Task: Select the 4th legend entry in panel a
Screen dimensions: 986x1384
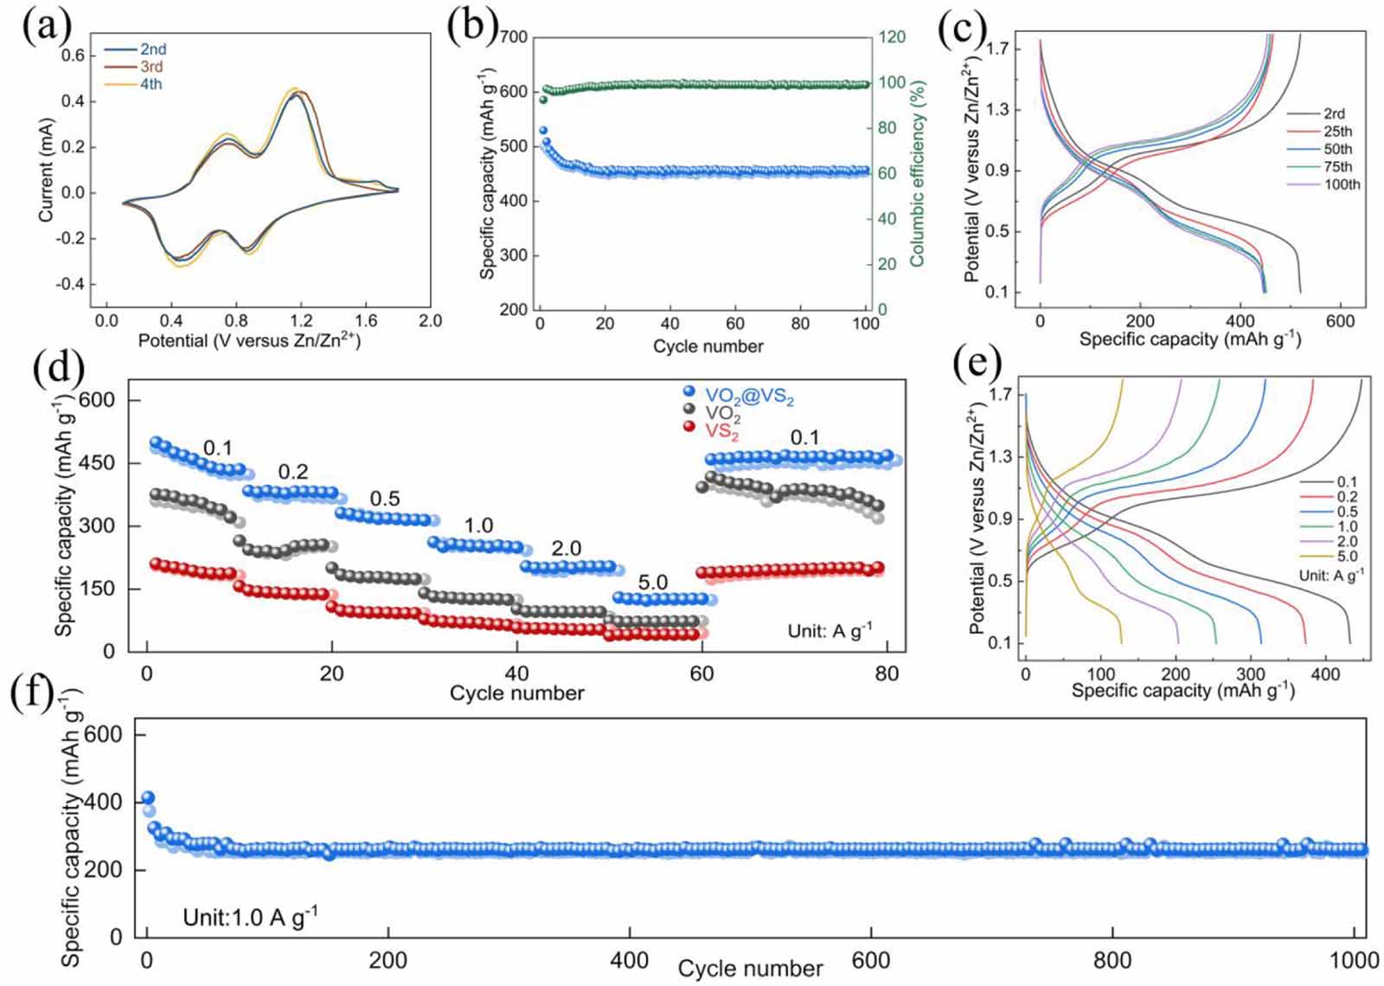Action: click(x=151, y=85)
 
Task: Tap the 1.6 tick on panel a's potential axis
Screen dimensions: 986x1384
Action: click(x=365, y=321)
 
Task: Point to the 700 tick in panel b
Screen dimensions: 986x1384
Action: click(x=513, y=37)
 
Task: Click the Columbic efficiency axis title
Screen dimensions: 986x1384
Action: click(x=918, y=173)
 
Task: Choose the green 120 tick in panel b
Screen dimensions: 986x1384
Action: click(x=892, y=37)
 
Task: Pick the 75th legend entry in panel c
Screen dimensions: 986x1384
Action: click(x=1338, y=167)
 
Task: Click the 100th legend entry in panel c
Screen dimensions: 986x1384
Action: click(x=1342, y=184)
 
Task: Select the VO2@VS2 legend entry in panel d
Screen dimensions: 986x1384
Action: click(x=749, y=397)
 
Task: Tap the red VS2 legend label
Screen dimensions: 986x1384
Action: click(x=722, y=430)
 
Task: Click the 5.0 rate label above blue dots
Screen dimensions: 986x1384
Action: click(x=652, y=583)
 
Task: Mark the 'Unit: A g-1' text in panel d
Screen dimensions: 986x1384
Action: click(x=830, y=631)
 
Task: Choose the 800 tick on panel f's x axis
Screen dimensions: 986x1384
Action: click(x=1112, y=960)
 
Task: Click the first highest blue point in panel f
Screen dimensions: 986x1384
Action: click(x=148, y=798)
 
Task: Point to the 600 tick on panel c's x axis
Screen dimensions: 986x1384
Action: click(x=1340, y=321)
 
